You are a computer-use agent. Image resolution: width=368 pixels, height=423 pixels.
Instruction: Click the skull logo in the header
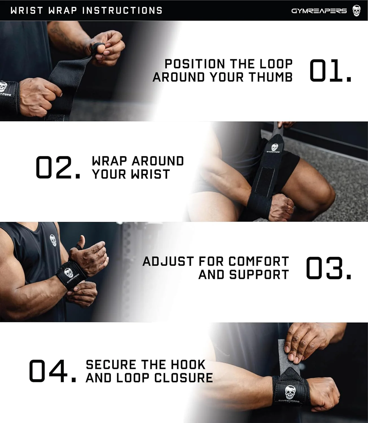pos(356,11)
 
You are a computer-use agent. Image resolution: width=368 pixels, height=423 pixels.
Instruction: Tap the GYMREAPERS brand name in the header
pos(319,11)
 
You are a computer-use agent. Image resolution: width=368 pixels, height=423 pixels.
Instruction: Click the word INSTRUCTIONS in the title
pos(122,10)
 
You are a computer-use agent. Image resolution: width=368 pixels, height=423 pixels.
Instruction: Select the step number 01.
pos(330,70)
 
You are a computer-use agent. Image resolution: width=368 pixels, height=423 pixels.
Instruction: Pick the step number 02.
pos(58,167)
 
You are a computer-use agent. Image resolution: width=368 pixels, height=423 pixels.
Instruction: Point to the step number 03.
pos(328,268)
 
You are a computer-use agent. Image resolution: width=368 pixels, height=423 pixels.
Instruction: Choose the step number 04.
pos(52,371)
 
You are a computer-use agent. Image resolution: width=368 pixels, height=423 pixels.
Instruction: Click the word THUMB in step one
pos(271,77)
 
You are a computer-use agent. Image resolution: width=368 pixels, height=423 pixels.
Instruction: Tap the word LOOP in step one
pos(276,64)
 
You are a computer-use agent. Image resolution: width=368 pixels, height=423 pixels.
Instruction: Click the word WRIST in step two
pos(151,174)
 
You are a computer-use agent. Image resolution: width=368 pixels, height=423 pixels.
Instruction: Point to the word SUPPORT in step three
pos(259,275)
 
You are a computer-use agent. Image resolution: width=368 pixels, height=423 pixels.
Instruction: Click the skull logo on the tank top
pos(53,240)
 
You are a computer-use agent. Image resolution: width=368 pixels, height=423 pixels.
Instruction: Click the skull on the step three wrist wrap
pos(69,273)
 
